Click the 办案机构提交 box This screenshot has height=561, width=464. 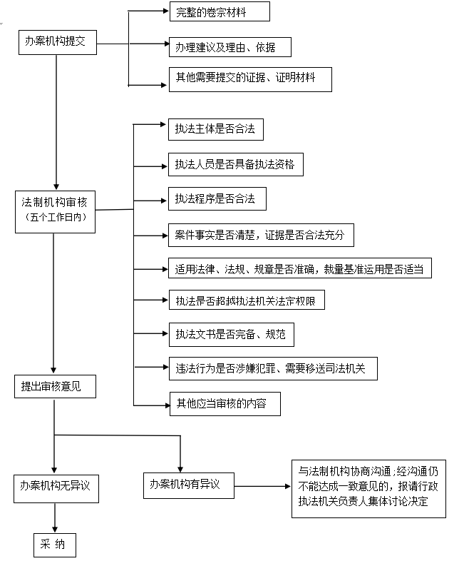pos(55,42)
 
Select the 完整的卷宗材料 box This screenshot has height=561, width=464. pos(219,12)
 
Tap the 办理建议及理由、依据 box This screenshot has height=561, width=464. pos(230,48)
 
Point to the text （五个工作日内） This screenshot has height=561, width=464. pos(55,218)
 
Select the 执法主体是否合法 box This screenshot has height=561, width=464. pos(215,129)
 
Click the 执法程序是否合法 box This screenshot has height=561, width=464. pos(215,199)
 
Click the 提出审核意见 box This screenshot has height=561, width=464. pos(54,387)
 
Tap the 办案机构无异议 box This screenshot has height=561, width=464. pos(55,488)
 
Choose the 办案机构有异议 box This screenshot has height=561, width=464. pos(188,485)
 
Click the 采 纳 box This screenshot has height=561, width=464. pos(53,545)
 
